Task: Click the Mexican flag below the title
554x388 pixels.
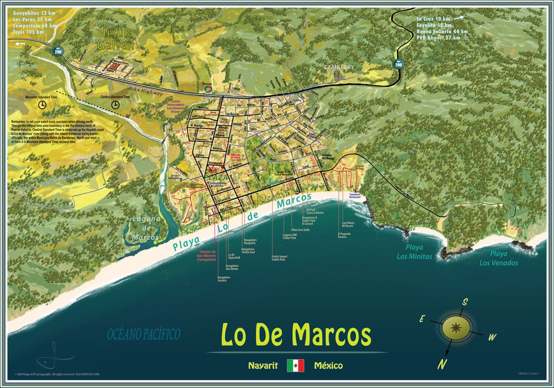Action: [295, 365]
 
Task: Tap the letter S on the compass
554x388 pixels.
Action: [464, 302]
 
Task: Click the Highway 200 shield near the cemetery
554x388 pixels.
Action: [398, 64]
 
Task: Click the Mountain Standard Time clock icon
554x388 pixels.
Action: [42, 104]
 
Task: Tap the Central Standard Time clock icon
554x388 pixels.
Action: [115, 104]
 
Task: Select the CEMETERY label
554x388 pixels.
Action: [339, 67]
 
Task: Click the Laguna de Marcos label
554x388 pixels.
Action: [145, 228]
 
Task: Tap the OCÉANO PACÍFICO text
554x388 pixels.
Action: [144, 335]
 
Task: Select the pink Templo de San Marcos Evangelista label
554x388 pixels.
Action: [207, 256]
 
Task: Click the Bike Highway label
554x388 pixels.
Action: [146, 91]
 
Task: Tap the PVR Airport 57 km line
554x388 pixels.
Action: [438, 37]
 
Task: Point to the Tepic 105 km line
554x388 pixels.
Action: [28, 32]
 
